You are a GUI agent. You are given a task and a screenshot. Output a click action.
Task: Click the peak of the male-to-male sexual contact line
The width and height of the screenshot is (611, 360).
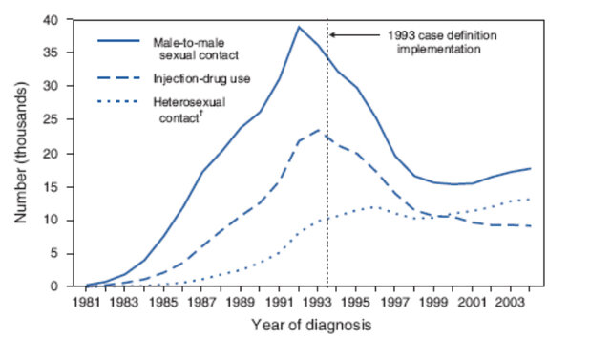[x=298, y=27]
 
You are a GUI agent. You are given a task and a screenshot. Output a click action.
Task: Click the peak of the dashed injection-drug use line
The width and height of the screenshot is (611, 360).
[x=319, y=130]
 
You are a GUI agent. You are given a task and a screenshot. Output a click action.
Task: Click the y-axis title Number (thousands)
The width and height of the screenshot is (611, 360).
[x=21, y=153]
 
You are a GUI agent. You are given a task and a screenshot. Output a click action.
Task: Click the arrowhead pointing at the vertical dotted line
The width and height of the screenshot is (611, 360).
[x=332, y=34]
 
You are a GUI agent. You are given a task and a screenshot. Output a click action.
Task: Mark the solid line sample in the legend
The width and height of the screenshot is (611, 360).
[x=119, y=41]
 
